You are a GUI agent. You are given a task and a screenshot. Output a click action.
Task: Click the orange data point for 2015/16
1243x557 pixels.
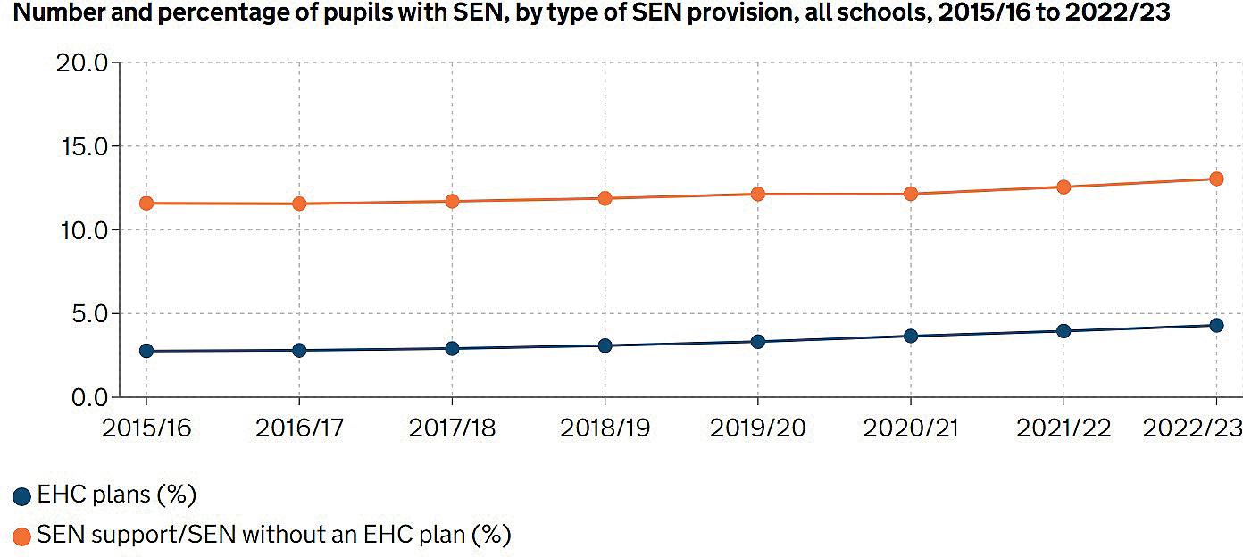tap(146, 204)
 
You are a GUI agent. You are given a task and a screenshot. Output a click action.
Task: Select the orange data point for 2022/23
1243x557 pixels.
tap(1216, 179)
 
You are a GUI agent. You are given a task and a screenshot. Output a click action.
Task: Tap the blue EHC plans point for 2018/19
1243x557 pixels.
tap(605, 345)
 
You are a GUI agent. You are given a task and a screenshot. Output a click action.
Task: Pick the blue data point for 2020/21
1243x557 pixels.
tap(911, 336)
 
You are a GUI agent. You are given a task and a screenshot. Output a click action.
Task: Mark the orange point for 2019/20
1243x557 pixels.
tap(758, 194)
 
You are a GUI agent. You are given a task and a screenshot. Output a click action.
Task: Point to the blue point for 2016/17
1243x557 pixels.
tap(299, 350)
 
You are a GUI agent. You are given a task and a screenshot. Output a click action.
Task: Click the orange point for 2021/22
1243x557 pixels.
tap(1064, 187)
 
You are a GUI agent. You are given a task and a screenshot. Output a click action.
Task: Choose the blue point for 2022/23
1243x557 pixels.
tap(1216, 325)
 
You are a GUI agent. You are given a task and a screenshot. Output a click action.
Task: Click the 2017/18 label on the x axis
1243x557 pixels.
tap(452, 428)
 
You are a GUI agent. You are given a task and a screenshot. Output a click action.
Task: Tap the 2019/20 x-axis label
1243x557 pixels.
tap(758, 428)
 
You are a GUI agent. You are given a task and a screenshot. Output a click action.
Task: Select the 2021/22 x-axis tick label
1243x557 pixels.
tap(1064, 428)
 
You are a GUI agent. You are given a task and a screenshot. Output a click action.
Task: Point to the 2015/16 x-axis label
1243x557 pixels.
tap(146, 428)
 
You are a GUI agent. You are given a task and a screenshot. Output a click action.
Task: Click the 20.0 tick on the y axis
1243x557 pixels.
tap(82, 63)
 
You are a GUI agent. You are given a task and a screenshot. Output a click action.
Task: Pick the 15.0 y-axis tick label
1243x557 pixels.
tap(83, 146)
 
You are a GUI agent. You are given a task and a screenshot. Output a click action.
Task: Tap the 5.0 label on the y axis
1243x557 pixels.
tap(88, 313)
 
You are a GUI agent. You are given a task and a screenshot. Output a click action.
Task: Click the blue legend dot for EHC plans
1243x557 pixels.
tap(22, 496)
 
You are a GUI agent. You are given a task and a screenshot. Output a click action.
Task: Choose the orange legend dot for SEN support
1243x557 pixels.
tap(22, 536)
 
